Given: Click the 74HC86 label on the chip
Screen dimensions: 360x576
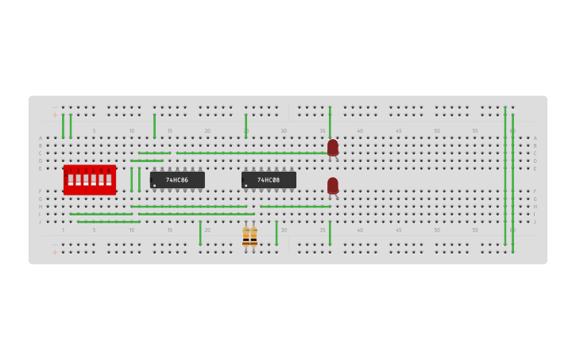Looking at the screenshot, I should (x=177, y=180).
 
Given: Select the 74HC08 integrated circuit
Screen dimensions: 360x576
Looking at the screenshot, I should (x=269, y=180).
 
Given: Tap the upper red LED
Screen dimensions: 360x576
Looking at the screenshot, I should (x=333, y=148).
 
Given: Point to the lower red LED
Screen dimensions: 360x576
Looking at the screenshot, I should (x=333, y=185).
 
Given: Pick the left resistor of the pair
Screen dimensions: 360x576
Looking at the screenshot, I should (x=246, y=236).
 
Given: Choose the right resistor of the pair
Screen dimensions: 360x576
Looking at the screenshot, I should (x=253, y=236).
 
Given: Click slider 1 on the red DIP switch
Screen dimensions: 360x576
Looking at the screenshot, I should (x=71, y=180).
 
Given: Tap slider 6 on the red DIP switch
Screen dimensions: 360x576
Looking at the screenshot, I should (x=109, y=180).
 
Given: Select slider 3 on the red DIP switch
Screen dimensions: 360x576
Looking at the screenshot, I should (x=86, y=180).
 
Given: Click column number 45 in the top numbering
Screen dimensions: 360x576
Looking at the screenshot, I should (x=398, y=131).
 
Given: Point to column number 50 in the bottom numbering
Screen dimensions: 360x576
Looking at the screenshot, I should (x=436, y=230).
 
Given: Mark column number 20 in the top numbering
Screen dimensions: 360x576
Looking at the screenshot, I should (x=207, y=131).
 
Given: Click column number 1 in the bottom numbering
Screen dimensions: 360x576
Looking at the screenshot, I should (x=64, y=230).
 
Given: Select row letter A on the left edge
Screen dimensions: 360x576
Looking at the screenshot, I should (x=41, y=138).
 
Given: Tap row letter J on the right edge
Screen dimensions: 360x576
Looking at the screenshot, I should (x=535, y=222).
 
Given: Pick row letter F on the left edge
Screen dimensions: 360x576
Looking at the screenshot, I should (x=41, y=192).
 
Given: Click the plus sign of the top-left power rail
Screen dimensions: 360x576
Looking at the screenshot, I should (x=55, y=115).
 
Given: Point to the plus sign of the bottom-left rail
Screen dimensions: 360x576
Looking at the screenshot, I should (x=55, y=252).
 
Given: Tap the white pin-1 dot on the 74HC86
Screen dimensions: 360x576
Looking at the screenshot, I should (x=155, y=185).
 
